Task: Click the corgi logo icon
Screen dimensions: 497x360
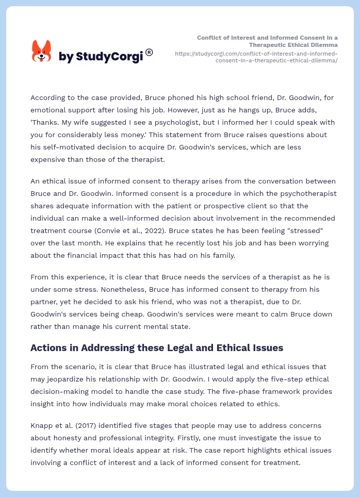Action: [x=42, y=51]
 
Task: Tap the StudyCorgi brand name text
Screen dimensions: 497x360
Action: [x=101, y=56]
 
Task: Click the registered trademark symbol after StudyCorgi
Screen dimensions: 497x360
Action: [x=149, y=52]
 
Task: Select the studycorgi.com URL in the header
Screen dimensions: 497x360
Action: [x=256, y=57]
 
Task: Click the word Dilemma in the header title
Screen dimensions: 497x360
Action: [x=323, y=45]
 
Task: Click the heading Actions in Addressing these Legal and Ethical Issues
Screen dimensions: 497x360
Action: [x=157, y=348]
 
